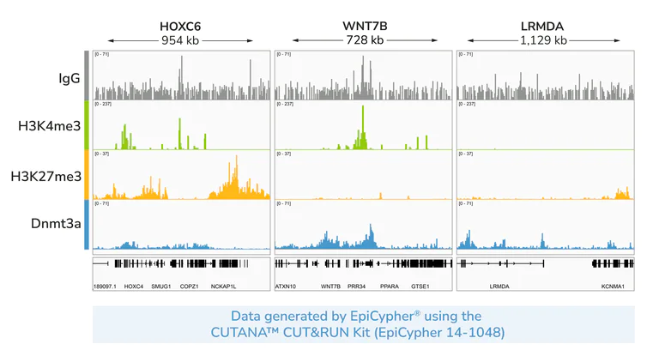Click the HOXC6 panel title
click(x=180, y=27)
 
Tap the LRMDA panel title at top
click(x=543, y=27)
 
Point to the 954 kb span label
click(x=180, y=40)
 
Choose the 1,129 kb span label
click(x=543, y=40)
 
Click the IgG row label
click(x=70, y=78)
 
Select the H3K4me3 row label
click(x=50, y=126)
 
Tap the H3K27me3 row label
click(x=46, y=176)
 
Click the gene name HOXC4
click(x=134, y=286)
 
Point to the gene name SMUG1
click(x=161, y=286)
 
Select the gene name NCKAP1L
click(x=223, y=286)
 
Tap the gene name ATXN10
click(x=286, y=286)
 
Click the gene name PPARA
click(x=390, y=286)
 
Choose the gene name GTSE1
click(x=420, y=286)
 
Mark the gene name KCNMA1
click(x=613, y=286)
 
